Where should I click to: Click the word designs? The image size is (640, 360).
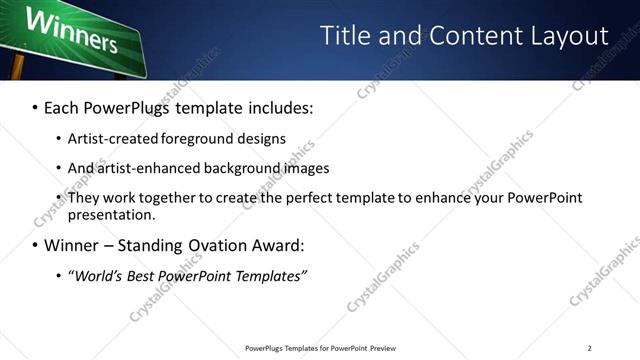click(263, 138)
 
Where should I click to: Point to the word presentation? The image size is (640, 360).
click(111, 214)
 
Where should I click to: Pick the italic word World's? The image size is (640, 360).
click(100, 276)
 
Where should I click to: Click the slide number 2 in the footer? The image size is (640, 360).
click(589, 348)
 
